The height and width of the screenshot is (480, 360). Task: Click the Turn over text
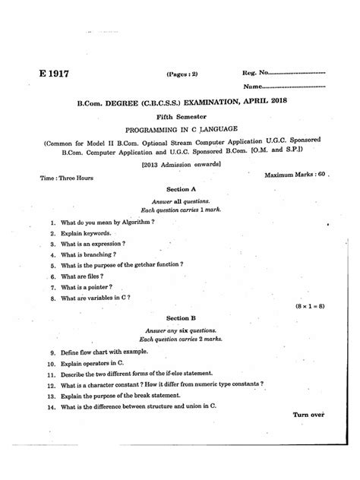tap(308, 415)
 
